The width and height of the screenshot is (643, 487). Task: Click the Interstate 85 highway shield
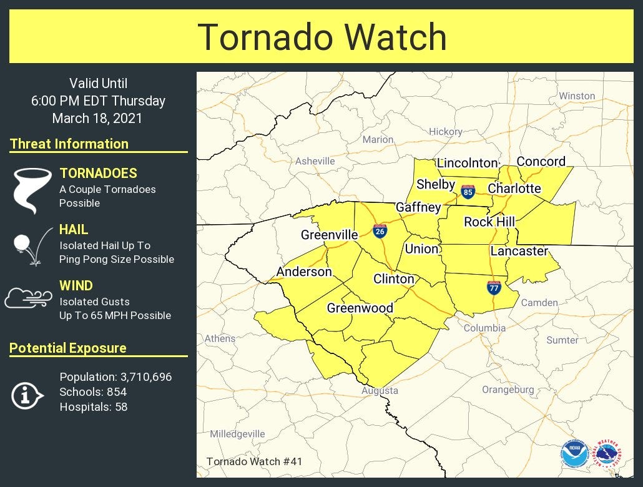pos(468,191)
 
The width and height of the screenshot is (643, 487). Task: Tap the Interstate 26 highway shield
pos(379,231)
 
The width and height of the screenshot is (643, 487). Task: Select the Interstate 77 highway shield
pos(494,287)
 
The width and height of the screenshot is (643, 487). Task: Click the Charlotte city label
pos(514,188)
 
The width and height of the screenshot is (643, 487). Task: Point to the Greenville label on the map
pos(330,235)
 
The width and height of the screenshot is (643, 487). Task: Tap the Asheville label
pos(315,161)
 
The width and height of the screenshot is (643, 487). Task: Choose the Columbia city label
pos(484,328)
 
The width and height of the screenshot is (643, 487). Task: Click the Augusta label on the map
pos(380,391)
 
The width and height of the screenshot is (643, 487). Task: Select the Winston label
pos(577,96)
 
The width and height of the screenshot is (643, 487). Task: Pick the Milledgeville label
pos(237,434)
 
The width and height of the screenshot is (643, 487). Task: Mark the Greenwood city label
pos(360,308)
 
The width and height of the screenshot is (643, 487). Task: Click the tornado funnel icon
pos(32,190)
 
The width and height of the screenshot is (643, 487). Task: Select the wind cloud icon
pos(29,298)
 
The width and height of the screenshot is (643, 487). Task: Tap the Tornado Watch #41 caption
pos(254,462)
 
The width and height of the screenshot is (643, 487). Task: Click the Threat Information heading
pos(69,144)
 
